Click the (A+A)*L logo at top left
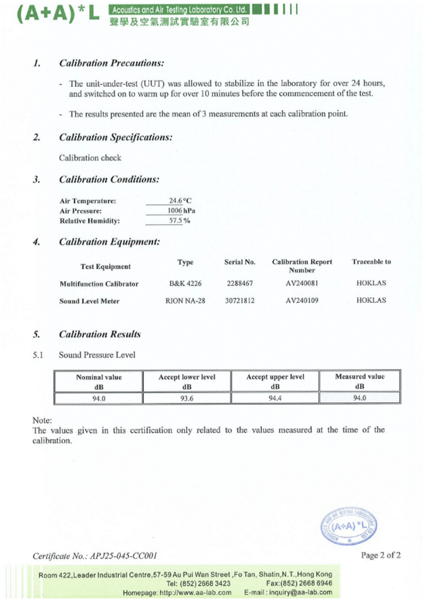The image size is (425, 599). [x=58, y=13]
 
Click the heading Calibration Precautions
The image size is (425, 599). [x=112, y=63]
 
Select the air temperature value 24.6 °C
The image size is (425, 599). [x=180, y=201]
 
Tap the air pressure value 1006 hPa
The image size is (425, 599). [x=181, y=211]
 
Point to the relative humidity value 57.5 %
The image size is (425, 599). [x=179, y=220]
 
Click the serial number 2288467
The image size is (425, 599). [x=240, y=283]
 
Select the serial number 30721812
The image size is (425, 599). [x=240, y=300]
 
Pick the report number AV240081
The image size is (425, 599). [x=302, y=283]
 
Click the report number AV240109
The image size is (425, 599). [x=302, y=300]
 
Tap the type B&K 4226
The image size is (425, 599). [x=185, y=283]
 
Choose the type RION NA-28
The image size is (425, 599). [x=185, y=300]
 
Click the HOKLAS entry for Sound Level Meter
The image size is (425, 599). [x=371, y=300]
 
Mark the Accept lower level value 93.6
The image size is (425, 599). [x=187, y=398]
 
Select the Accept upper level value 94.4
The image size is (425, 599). [x=275, y=398]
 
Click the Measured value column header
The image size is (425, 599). [x=360, y=381]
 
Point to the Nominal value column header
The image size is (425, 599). [x=98, y=381]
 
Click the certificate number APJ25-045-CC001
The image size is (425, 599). [x=123, y=556]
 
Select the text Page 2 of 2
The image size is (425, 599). [x=380, y=555]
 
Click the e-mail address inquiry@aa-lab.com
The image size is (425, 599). [x=300, y=592]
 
